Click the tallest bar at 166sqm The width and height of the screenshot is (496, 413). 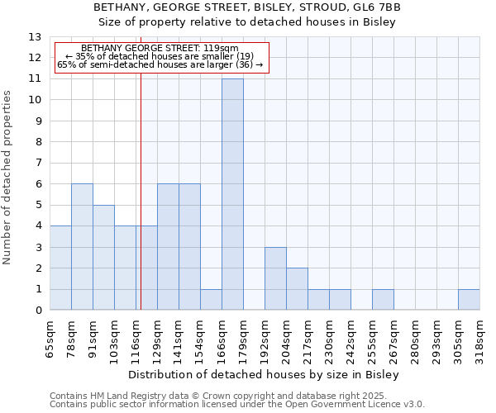(232, 194)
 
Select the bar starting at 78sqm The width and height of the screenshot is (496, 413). (82, 247)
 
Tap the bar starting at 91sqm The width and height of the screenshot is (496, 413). (103, 258)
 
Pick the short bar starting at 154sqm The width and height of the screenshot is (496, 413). (211, 300)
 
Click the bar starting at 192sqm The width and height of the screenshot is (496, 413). (275, 278)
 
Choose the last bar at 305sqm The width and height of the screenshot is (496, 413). (469, 300)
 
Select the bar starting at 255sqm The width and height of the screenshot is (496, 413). (383, 300)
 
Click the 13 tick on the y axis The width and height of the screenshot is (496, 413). (35, 37)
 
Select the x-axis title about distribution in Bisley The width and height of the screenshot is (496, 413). (264, 374)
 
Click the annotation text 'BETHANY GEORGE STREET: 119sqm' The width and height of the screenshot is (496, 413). (160, 48)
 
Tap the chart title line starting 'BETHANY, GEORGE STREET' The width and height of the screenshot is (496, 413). (247, 7)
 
